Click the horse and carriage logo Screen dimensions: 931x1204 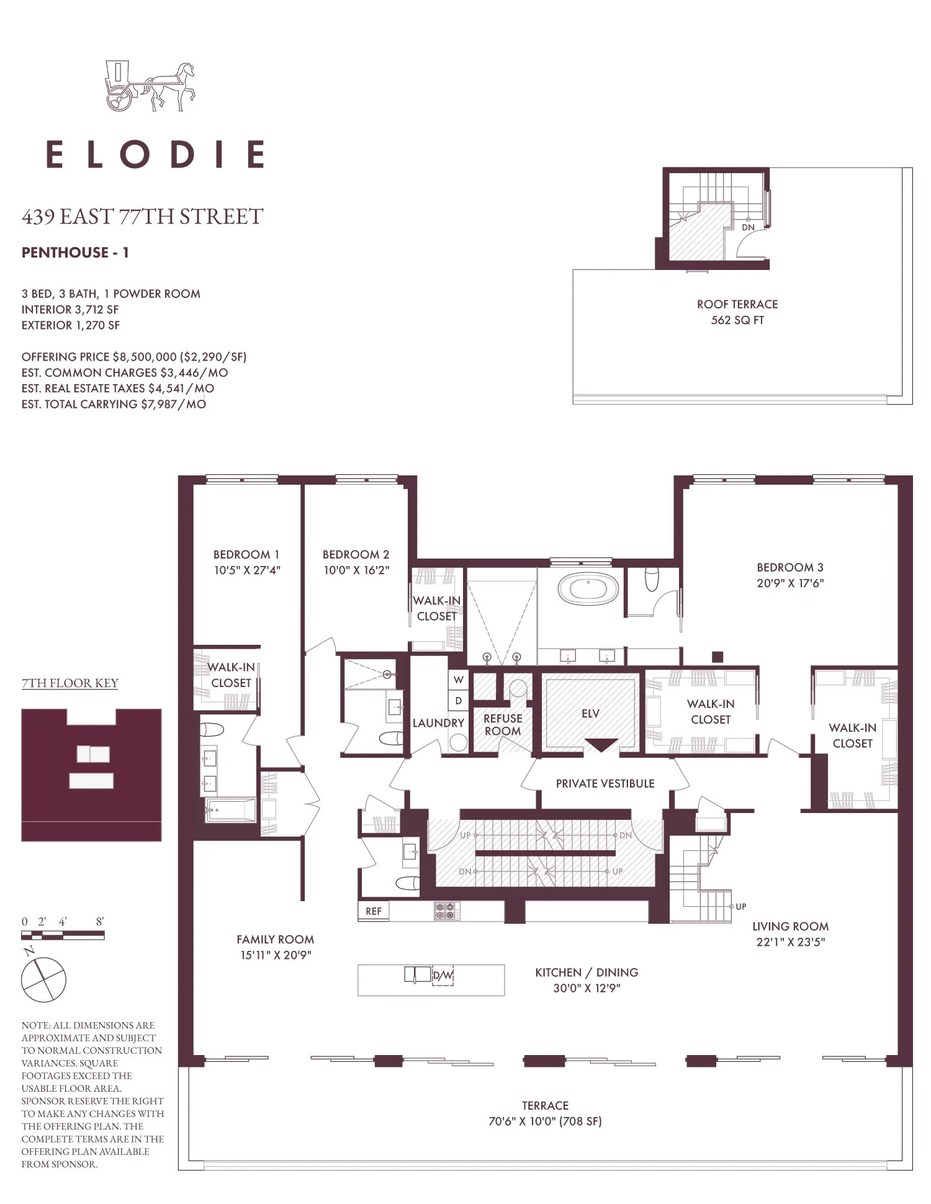(150, 86)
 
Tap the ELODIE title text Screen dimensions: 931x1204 (156, 154)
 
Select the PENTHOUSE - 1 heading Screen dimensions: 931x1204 (75, 253)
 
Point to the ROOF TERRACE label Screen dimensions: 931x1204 (737, 305)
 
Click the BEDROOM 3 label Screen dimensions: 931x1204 (790, 567)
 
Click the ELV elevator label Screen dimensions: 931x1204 (590, 714)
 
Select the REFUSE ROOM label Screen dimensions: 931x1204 (503, 725)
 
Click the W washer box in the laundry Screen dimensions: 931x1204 (458, 680)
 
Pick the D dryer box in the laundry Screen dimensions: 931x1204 (458, 700)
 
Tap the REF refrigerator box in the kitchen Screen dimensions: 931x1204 (374, 911)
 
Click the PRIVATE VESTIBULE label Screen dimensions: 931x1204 (605, 784)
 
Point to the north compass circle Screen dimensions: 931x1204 (43, 980)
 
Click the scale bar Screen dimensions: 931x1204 (63, 935)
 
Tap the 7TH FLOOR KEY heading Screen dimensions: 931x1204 (70, 683)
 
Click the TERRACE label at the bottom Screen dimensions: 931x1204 (545, 1105)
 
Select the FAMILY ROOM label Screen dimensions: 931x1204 (276, 940)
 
